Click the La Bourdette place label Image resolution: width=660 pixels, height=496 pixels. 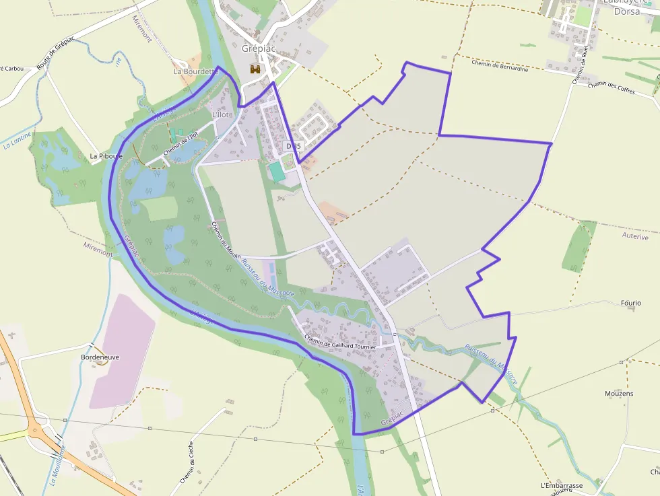pos(196,71)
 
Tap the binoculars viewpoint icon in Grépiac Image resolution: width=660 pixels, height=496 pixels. pos(255,69)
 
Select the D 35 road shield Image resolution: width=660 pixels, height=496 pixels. pos(293,145)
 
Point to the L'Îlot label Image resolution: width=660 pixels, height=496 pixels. pos(221,114)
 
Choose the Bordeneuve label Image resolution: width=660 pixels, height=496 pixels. pos(100,357)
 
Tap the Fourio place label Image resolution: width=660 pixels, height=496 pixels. pos(630,304)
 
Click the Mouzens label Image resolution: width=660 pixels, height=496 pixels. pos(619,393)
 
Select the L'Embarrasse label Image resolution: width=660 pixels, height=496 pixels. pos(561,485)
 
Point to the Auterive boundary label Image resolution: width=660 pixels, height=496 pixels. pos(635,237)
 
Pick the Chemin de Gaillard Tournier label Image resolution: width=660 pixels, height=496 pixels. pos(340,342)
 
